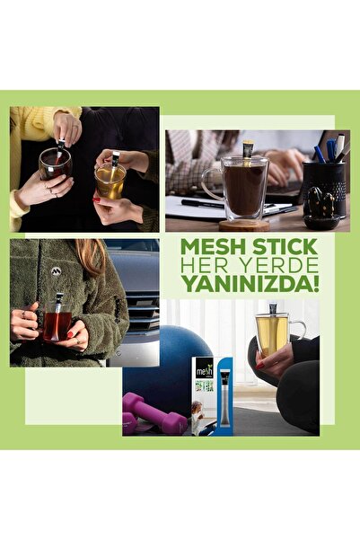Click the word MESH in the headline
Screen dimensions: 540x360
(211, 247)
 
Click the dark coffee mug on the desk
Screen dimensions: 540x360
(243, 190)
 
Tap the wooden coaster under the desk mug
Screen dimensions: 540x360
(243, 225)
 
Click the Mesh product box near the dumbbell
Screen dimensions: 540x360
(204, 395)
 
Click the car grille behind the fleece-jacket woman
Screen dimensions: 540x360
(145, 314)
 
